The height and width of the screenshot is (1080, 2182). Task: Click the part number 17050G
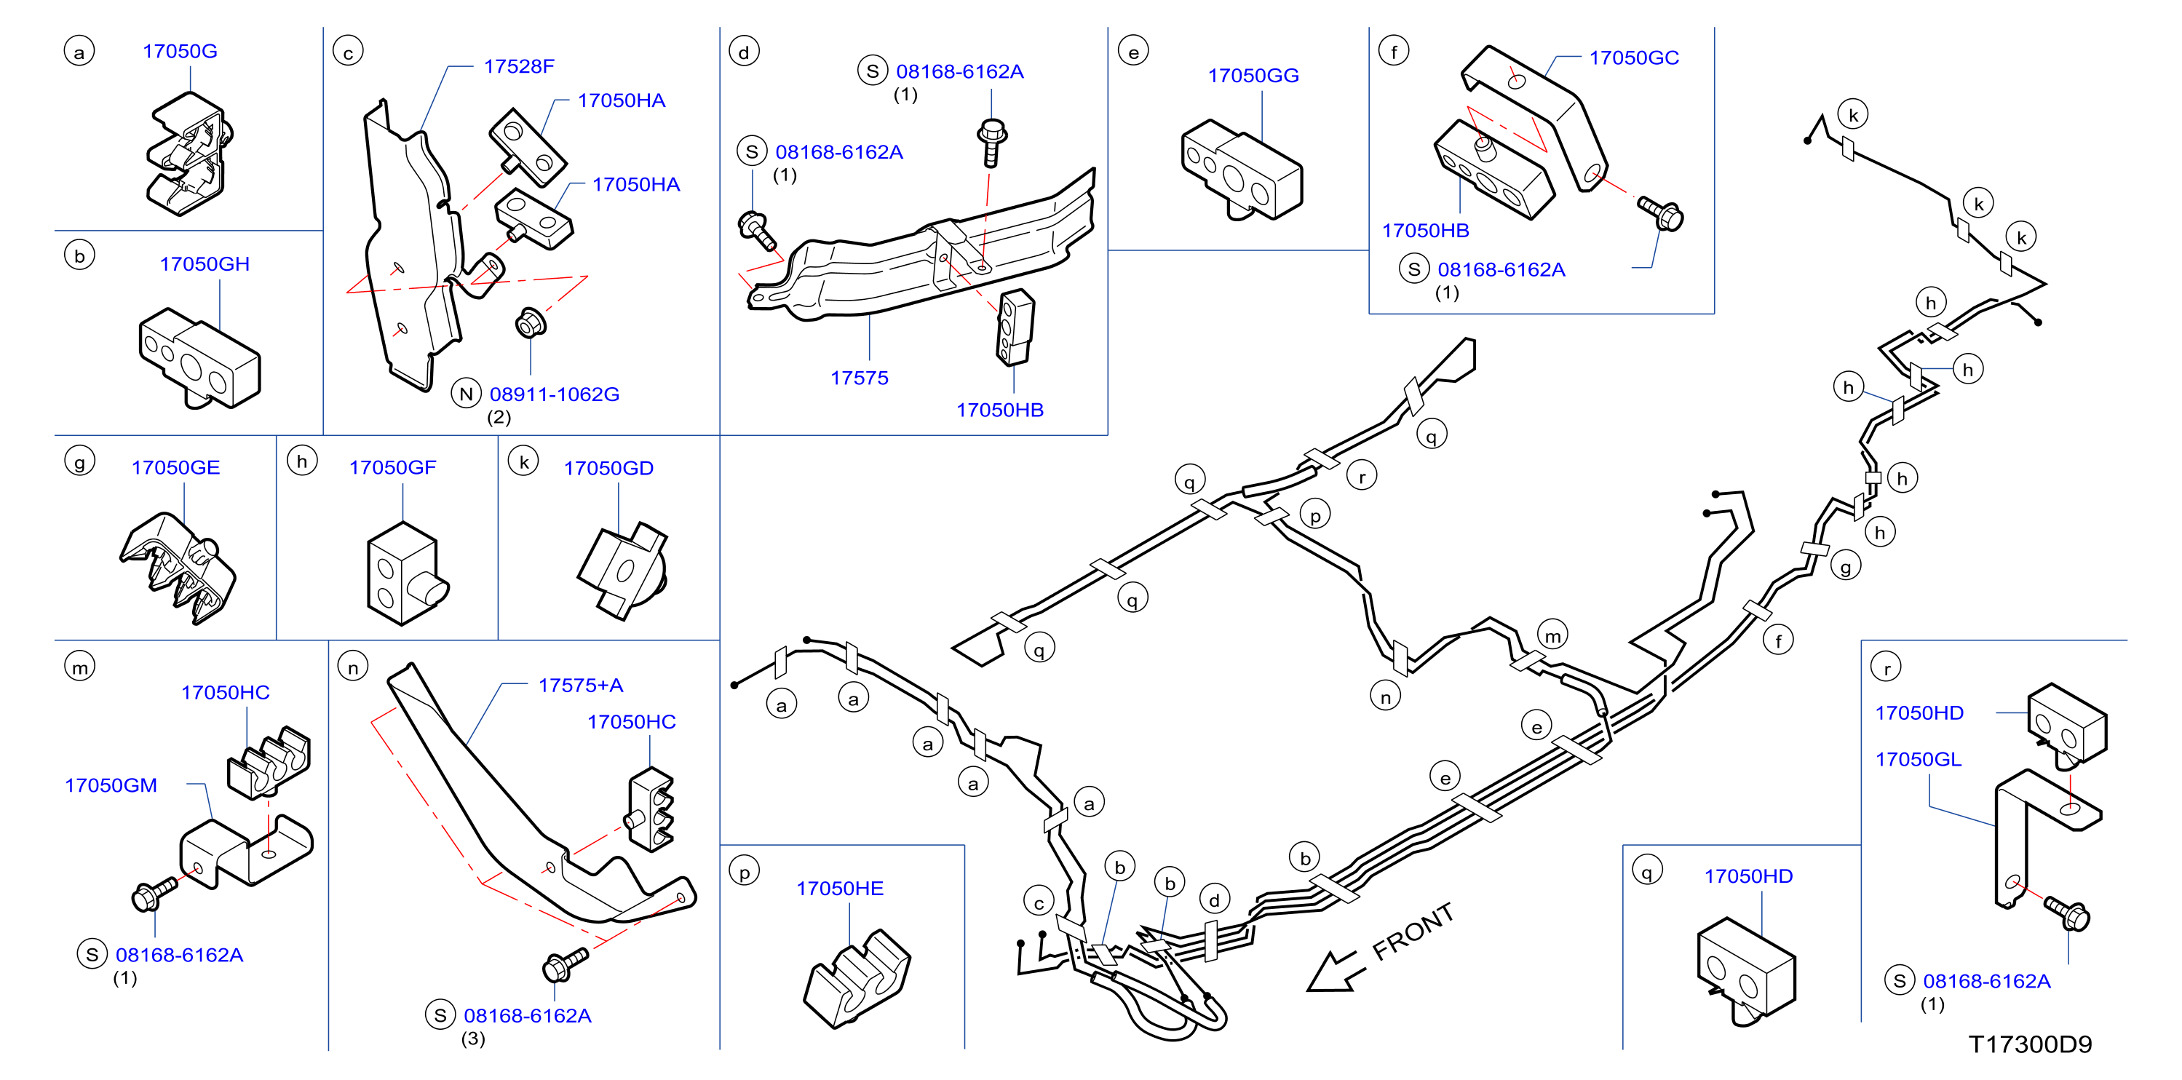pos(180,51)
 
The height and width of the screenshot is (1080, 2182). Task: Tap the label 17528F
pos(518,66)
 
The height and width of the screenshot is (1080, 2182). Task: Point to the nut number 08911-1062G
pos(554,394)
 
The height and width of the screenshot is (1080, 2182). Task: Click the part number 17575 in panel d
pos(859,378)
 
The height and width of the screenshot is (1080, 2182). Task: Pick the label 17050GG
pos(1253,76)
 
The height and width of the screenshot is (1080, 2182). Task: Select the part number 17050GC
pos(1633,57)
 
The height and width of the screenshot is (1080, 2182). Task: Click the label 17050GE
pos(175,467)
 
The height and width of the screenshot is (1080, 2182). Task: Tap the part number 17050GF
pos(392,467)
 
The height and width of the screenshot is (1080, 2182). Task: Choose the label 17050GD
pos(608,469)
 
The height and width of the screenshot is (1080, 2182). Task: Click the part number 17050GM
pos(111,785)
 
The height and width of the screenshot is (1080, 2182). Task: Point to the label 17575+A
pos(580,686)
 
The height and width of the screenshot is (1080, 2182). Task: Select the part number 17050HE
pos(839,889)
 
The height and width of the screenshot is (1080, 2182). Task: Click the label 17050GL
pos(1918,759)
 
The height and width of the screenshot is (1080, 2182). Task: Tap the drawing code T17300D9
pos(2030,1044)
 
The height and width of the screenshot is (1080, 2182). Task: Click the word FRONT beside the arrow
pos(1413,932)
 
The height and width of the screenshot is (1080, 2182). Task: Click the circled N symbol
pos(466,394)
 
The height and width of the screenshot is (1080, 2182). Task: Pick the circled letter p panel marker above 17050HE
pos(744,872)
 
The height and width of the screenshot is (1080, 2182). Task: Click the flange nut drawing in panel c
pos(531,322)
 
